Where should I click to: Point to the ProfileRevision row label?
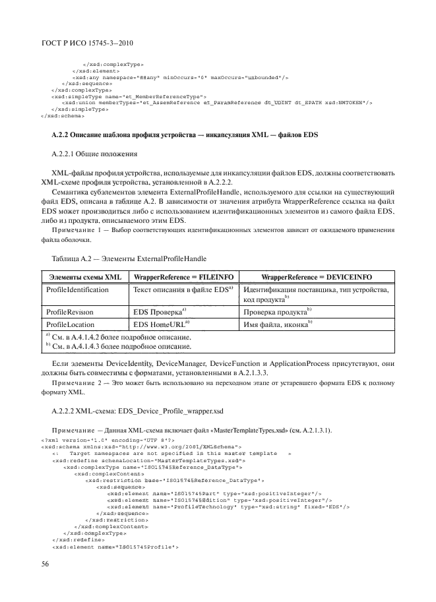[70, 311]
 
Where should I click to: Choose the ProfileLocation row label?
[71, 323]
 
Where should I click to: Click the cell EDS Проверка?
[160, 311]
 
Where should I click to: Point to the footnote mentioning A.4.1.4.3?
[119, 345]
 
